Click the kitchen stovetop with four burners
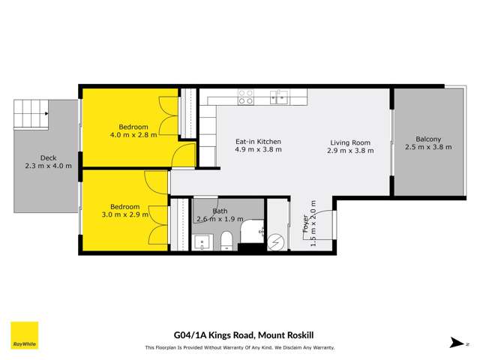point(245,96)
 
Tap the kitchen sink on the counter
point(280,95)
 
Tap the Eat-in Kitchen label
point(258,141)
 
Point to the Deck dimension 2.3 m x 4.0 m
point(48,166)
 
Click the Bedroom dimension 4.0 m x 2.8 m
point(133,135)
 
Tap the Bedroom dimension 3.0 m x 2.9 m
point(125,215)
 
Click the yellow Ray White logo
point(24,336)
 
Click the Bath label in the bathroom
point(219,211)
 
